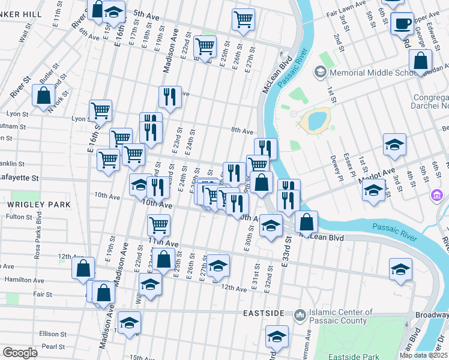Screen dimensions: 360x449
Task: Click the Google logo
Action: (x=20, y=353)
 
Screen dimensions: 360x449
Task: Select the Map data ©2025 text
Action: (x=423, y=355)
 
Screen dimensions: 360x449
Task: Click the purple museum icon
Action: (x=437, y=195)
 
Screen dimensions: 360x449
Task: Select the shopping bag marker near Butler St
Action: (x=44, y=95)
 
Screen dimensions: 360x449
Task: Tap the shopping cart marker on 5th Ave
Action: (x=243, y=19)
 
